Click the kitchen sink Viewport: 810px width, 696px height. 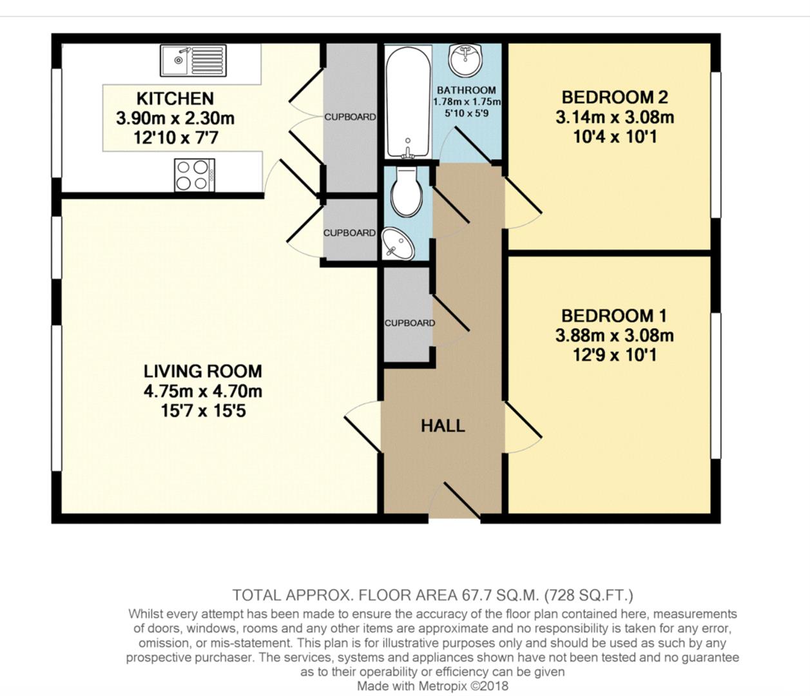tap(193, 61)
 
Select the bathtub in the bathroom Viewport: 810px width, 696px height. tap(407, 101)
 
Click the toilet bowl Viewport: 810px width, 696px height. tap(407, 192)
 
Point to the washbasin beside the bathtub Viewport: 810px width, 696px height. tap(465, 60)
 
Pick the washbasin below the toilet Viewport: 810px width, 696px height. tap(398, 245)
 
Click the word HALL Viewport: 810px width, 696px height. tap(443, 426)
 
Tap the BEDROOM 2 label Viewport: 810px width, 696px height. tap(614, 97)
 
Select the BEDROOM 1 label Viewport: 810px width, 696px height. tap(613, 316)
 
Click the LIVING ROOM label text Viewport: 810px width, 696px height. tap(202, 371)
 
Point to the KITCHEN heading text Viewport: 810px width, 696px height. tap(175, 99)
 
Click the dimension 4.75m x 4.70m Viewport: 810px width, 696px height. tap(202, 391)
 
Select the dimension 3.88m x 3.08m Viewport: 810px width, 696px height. tap(614, 336)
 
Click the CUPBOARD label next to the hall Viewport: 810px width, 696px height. tap(409, 323)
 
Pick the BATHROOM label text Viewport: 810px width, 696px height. tap(466, 90)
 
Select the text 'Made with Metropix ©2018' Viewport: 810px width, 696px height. tap(432, 686)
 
